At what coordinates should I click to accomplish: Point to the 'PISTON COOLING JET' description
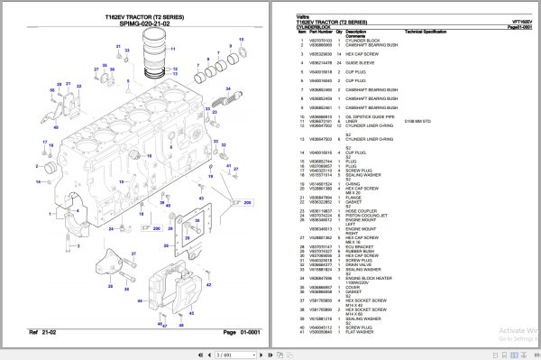362,216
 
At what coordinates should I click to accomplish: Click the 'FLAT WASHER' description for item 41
357,330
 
